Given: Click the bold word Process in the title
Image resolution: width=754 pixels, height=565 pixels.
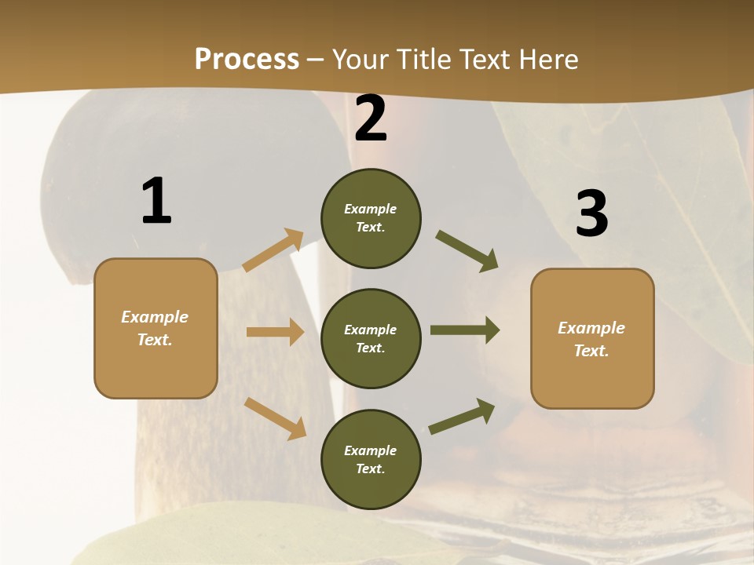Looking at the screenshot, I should point(247,60).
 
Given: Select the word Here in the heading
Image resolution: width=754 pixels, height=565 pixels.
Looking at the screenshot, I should point(546,60).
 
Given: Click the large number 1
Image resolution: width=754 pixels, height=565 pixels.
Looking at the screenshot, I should point(156,202).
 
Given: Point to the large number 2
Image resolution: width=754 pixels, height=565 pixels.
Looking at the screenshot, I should point(371,119).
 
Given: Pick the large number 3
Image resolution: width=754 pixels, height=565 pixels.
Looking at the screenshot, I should point(591,214).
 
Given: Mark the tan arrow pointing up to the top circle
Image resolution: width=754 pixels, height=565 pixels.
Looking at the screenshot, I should point(273,250).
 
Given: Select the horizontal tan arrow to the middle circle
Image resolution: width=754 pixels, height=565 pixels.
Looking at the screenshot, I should point(275,332).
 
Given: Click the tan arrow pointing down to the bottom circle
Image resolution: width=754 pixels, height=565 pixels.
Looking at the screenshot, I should point(276,418).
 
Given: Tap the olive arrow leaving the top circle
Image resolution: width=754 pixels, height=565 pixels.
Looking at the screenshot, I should point(467,251).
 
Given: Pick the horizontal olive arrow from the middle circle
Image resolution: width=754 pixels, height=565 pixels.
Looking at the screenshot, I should point(465,330).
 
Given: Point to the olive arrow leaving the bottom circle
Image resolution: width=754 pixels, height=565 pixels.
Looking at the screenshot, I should point(462,416).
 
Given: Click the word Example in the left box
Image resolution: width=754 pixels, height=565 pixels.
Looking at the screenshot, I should point(155,317).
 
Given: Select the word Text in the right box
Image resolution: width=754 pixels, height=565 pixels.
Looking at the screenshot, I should point(591,351).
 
